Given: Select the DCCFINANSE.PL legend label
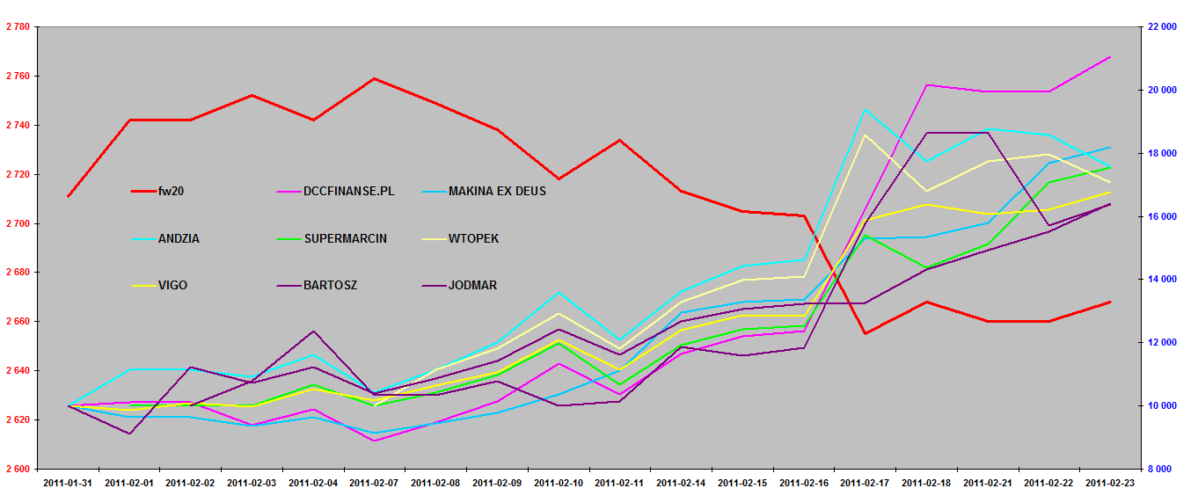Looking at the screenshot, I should (348, 191).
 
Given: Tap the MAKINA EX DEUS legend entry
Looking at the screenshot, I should (497, 191).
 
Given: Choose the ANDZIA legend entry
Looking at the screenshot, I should (179, 238).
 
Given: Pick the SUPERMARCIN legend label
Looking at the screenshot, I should (345, 238).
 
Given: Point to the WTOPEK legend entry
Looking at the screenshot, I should (473, 238).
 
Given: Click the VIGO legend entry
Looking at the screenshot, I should (172, 286).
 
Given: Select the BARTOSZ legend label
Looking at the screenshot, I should (331, 286).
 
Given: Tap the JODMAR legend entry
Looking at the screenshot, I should (471, 286).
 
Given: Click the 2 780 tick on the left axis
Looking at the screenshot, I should (18, 27).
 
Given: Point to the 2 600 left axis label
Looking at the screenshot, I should (18, 470).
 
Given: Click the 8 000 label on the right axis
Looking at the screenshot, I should (1164, 470).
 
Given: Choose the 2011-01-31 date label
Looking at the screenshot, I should (68, 483).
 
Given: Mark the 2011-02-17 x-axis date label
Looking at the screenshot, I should (866, 483).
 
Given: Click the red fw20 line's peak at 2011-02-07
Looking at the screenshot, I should (375, 78).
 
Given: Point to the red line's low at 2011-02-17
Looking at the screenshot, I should (866, 333).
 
